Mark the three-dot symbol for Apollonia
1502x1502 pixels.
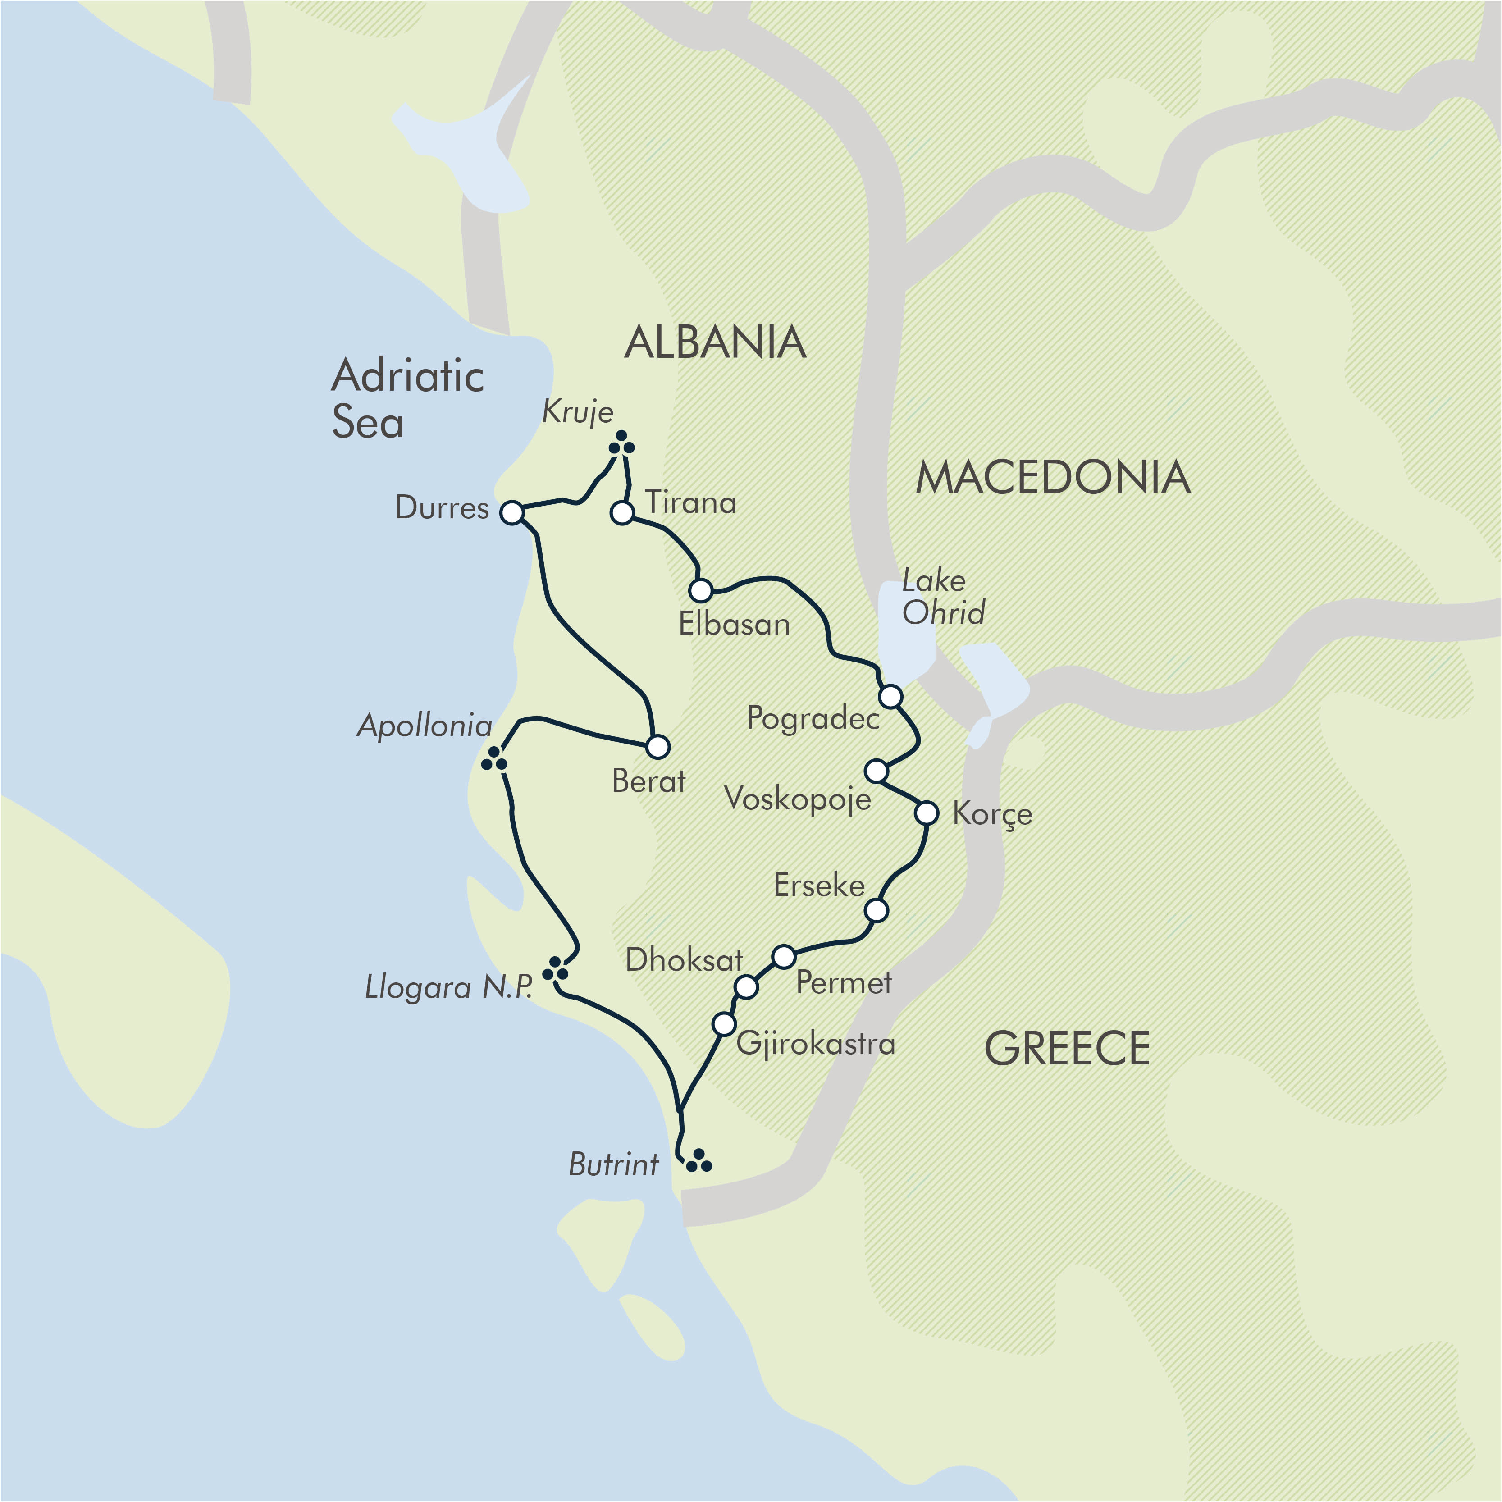pos(494,759)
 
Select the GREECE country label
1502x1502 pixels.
pos(1068,1048)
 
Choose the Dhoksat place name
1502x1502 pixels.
pos(684,960)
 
